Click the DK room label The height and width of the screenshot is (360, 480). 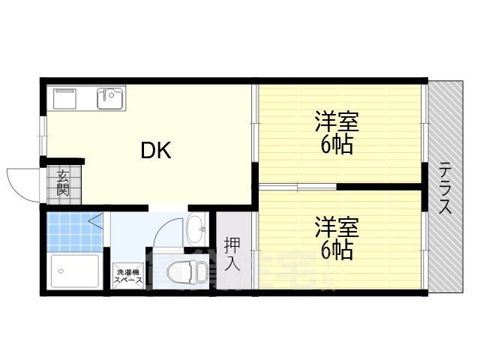tap(157, 151)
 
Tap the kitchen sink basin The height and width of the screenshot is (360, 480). tap(111, 98)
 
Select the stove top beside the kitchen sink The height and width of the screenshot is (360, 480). tap(64, 98)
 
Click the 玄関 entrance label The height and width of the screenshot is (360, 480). tap(63, 183)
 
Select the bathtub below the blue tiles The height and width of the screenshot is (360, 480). tap(73, 271)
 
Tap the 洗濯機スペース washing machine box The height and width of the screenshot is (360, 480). tap(126, 276)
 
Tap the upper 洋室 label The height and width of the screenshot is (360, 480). tap(337, 121)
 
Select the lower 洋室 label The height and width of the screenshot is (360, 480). tap(337, 226)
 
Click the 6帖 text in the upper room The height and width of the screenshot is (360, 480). tap(337, 144)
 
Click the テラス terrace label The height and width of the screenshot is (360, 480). tap(445, 188)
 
